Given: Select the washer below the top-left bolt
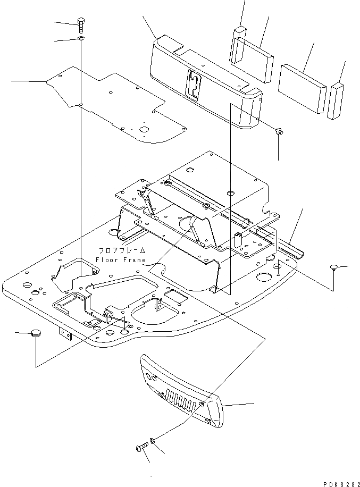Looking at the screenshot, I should coord(80,39).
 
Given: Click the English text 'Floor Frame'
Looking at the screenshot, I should coord(120,259).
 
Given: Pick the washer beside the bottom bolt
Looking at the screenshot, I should coord(153,441).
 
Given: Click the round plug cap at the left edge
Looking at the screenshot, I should coord(36,333).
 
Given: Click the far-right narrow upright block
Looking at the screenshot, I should coord(337,100).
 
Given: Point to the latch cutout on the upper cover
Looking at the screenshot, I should coord(195,84).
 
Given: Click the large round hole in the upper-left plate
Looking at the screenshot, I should coord(143,129).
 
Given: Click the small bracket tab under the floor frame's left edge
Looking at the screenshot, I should coord(65,335).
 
